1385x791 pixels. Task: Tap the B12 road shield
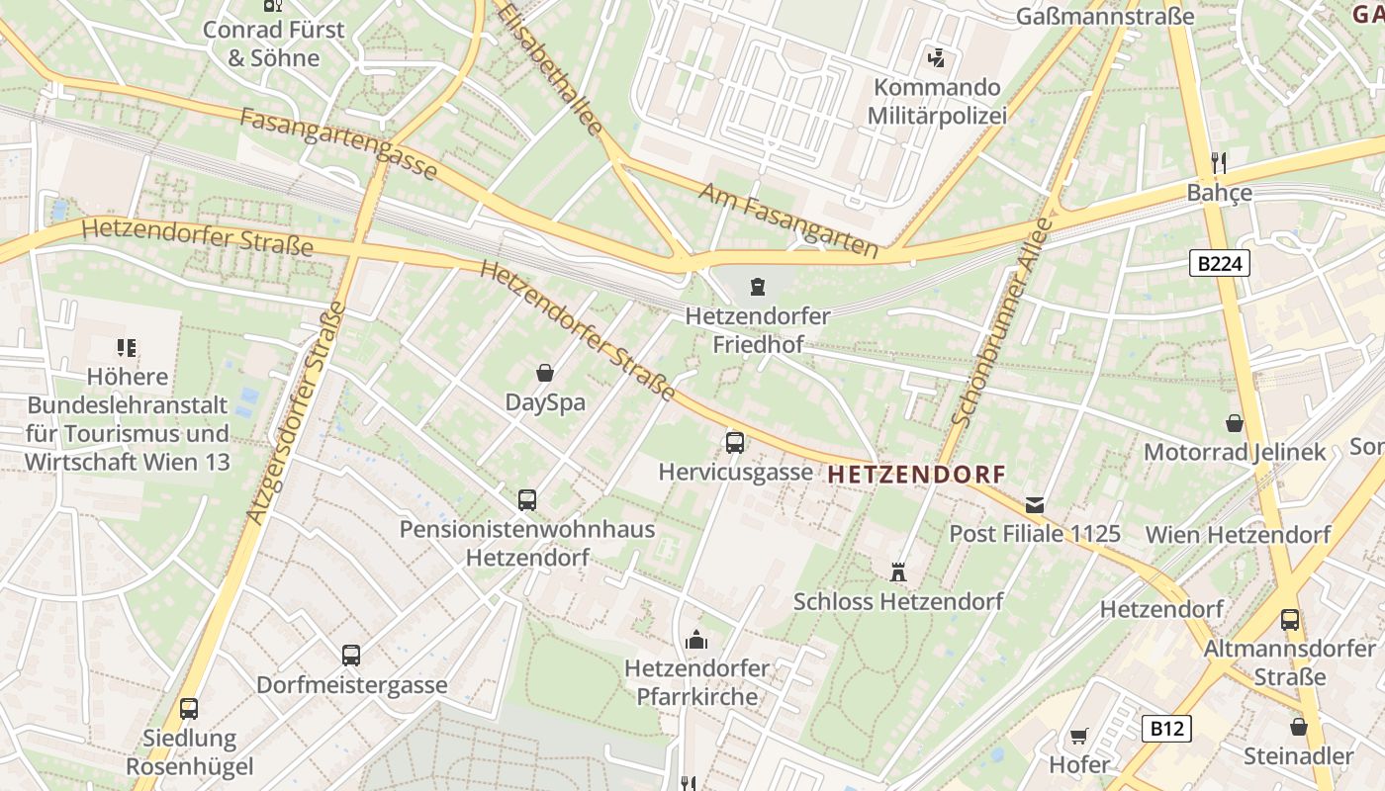(x=1166, y=729)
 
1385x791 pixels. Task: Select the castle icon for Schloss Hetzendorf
(x=898, y=571)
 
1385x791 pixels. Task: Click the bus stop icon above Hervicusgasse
(x=735, y=442)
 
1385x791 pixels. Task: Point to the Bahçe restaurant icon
(x=1219, y=162)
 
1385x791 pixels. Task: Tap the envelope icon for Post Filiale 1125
(x=1035, y=504)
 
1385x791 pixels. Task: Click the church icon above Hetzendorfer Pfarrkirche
(x=696, y=640)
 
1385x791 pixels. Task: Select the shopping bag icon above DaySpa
(x=544, y=373)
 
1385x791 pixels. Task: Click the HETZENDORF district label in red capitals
(x=916, y=475)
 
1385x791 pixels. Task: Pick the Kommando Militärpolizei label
(x=937, y=102)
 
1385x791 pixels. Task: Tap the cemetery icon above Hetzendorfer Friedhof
(x=758, y=287)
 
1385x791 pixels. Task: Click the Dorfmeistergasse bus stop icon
(x=351, y=655)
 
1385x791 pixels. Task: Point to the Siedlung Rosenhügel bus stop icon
(x=189, y=708)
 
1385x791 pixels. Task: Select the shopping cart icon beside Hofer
(x=1078, y=737)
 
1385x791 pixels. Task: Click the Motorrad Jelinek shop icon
(x=1235, y=423)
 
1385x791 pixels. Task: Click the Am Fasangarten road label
(x=788, y=220)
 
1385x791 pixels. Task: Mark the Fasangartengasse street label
(x=338, y=144)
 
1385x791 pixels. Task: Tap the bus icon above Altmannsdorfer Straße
(x=1290, y=620)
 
